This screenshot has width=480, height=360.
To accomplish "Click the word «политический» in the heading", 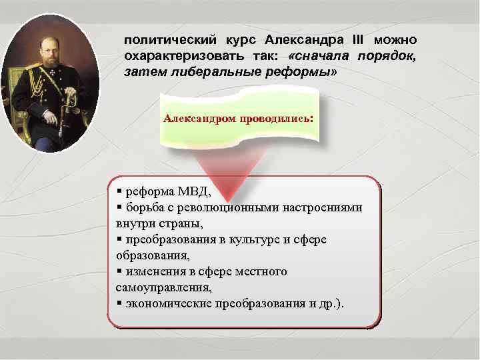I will coord(162,40).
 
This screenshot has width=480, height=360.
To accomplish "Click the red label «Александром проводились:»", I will coord(238,118).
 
